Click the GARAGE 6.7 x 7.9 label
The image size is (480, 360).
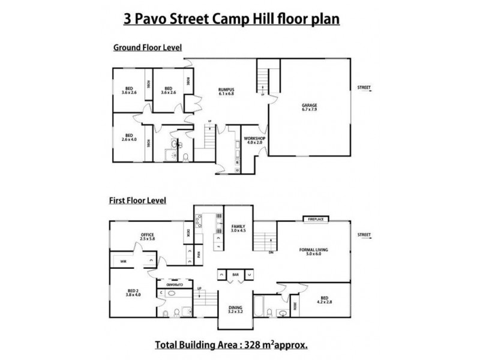(309, 109)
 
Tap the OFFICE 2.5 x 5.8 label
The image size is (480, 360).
(148, 236)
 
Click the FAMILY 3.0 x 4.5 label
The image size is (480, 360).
(238, 229)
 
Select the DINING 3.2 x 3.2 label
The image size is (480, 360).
(236, 310)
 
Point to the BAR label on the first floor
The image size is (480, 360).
(236, 275)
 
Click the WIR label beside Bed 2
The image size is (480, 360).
(123, 262)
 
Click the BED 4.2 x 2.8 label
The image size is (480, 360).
(324, 299)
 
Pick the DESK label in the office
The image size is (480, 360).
(188, 233)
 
